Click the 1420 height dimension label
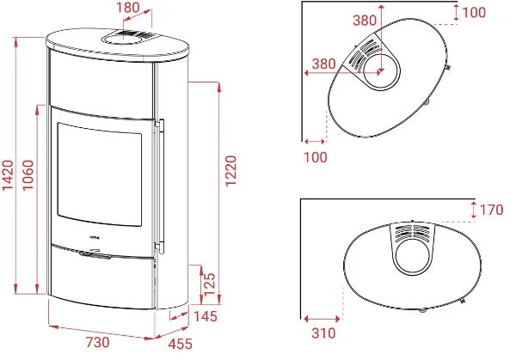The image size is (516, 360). [8, 175]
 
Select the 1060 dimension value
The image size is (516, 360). [28, 175]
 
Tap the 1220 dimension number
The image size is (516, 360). [230, 171]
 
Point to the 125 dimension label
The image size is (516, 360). [209, 284]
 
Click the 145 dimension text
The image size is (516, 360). [206, 316]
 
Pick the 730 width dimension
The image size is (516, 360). [97, 342]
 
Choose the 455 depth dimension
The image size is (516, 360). [180, 344]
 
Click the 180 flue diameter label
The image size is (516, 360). [128, 7]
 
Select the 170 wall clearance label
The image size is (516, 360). [491, 210]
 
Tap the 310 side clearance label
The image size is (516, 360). [323, 333]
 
